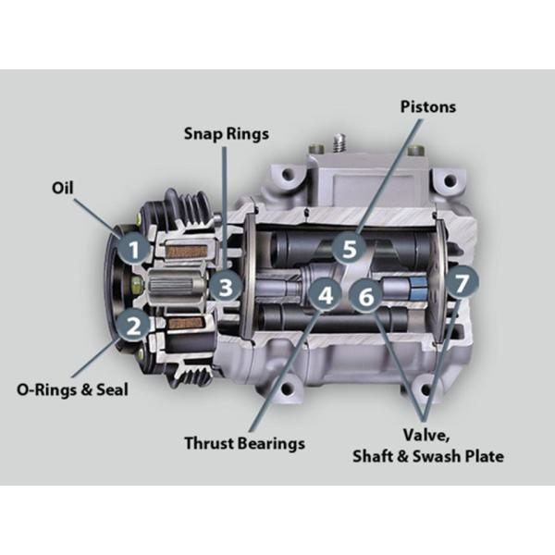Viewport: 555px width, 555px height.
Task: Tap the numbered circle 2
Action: (134, 325)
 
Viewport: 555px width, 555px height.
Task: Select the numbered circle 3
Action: (227, 287)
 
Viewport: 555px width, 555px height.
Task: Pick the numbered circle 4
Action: (325, 294)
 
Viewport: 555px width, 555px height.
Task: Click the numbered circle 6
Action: (366, 295)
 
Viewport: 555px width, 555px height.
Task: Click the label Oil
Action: (63, 188)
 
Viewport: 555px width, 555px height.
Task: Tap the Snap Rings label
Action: (227, 134)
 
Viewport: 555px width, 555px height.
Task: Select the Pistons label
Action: (428, 106)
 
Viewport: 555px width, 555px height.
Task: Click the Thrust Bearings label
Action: (244, 443)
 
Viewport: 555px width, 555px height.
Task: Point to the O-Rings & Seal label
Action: (72, 389)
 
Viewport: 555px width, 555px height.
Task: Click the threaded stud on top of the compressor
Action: (339, 142)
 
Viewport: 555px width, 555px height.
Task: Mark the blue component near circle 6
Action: (418, 288)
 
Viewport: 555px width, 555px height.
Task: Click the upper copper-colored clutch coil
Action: (186, 252)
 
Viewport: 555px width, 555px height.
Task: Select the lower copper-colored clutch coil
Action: (186, 322)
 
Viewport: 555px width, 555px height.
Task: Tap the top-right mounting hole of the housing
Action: (450, 180)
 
